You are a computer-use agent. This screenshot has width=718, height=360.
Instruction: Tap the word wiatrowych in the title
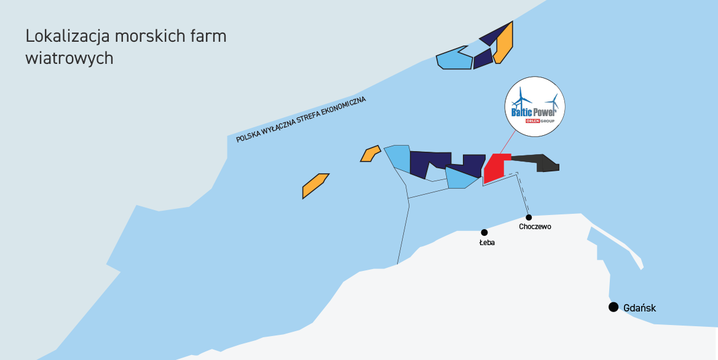pyautogui.click(x=69, y=58)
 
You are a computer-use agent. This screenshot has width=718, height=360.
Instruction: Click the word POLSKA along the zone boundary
pyautogui.click(x=246, y=136)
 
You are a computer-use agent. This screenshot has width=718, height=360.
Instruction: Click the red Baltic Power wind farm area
pyautogui.click(x=495, y=168)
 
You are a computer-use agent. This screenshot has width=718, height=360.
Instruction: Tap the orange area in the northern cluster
pyautogui.click(x=503, y=44)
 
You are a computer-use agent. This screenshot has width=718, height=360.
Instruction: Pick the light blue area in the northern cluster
pyautogui.click(x=454, y=58)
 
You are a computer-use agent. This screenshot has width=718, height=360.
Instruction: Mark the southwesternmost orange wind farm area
pyautogui.click(x=315, y=186)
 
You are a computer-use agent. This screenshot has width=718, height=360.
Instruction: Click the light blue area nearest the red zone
pyautogui.click(x=460, y=178)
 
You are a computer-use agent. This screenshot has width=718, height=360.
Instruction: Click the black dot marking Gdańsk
pyautogui.click(x=613, y=307)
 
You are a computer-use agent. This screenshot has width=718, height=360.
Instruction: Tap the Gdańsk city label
pyautogui.click(x=640, y=308)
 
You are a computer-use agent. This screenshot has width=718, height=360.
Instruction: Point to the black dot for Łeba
pyautogui.click(x=484, y=232)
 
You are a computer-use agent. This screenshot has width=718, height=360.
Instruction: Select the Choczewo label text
pyautogui.click(x=535, y=227)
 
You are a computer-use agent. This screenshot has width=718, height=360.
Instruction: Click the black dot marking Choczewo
pyautogui.click(x=529, y=217)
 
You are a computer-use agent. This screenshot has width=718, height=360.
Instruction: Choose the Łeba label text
pyautogui.click(x=487, y=243)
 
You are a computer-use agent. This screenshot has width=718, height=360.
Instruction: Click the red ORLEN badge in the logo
pyautogui.click(x=533, y=121)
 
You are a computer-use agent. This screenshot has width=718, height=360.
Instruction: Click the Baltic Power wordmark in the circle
pyautogui.click(x=534, y=112)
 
